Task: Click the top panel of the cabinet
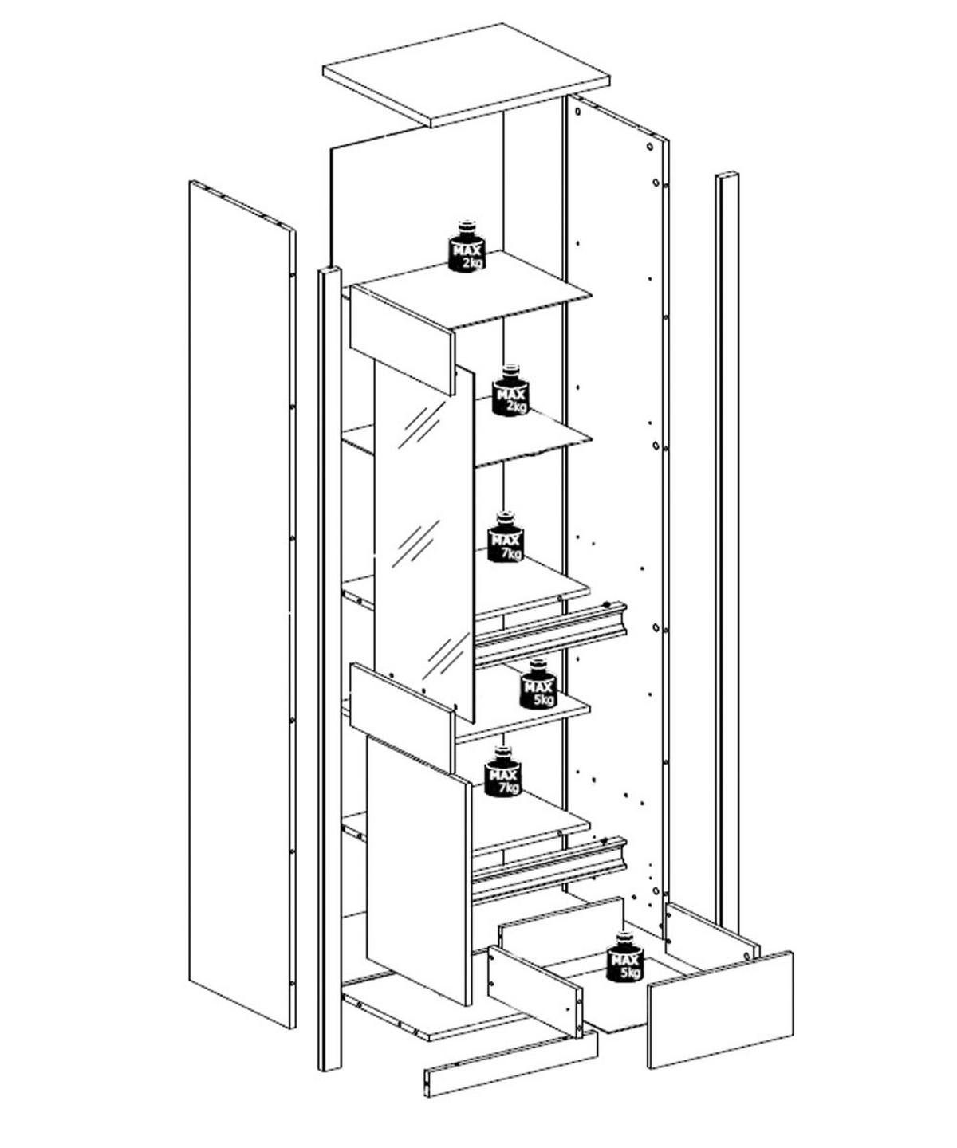coord(465,75)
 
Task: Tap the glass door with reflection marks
coord(423,541)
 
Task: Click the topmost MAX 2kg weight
coord(467,246)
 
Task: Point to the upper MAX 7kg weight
coord(506,537)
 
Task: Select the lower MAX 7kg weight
coord(502,772)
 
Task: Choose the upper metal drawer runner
coord(550,635)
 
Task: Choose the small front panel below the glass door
coord(403,717)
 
